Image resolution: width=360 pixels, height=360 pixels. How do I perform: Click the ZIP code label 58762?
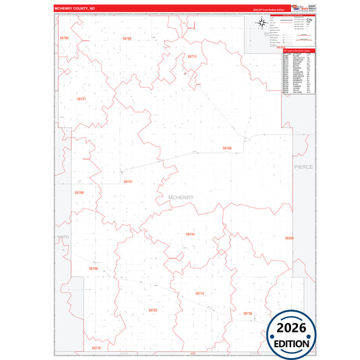pyautogui.click(x=64, y=38)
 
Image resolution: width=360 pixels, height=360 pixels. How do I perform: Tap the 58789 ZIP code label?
pyautogui.click(x=127, y=38)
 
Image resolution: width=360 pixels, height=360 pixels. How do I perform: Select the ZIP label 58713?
pyautogui.click(x=191, y=57)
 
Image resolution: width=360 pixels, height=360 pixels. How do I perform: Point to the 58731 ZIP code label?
pyautogui.click(x=82, y=99)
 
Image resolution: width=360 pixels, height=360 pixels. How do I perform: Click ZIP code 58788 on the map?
pyautogui.click(x=227, y=147)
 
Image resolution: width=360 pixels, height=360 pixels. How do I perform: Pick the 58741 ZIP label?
pyautogui.click(x=128, y=182)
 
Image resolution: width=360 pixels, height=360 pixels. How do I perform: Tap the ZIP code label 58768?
pyautogui.click(x=79, y=192)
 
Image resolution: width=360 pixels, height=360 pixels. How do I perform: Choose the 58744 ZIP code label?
pyautogui.click(x=190, y=234)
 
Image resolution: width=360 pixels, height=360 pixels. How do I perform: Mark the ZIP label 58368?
pyautogui.click(x=289, y=238)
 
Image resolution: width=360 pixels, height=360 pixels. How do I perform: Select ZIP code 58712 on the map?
pyautogui.click(x=199, y=293)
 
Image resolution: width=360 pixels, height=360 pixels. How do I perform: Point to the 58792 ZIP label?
pyautogui.click(x=152, y=309)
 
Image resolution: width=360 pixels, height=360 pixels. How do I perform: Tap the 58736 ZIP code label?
pyautogui.click(x=247, y=313)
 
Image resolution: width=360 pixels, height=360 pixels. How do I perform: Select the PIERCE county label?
pyautogui.click(x=303, y=166)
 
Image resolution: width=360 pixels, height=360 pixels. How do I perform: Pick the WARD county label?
pyautogui.click(x=63, y=237)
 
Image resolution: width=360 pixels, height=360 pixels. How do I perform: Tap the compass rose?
pyautogui.click(x=260, y=24)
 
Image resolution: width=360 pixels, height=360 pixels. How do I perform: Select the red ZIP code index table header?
pyautogui.click(x=299, y=51)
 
